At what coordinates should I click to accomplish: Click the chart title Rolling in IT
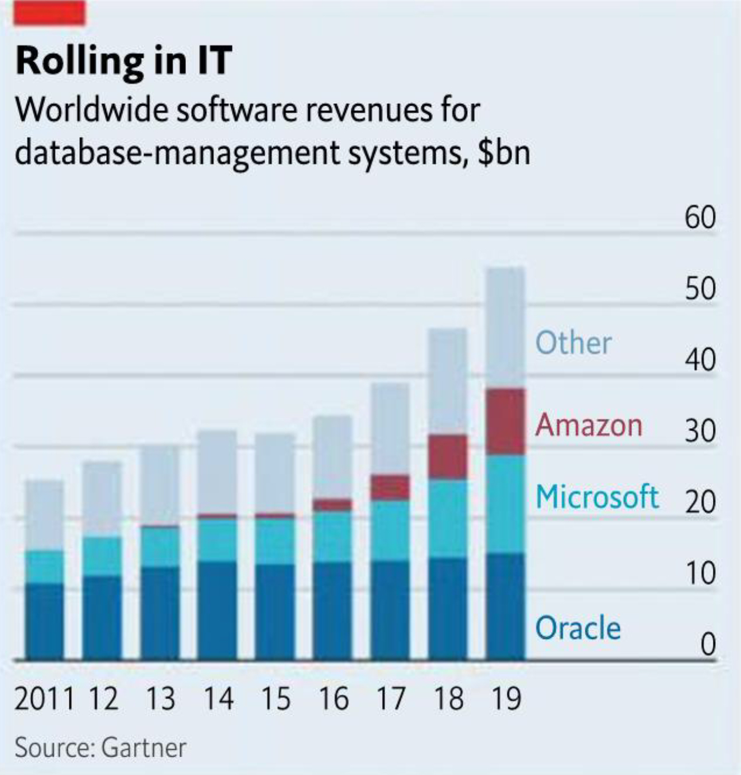click(123, 61)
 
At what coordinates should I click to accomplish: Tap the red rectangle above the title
click(50, 13)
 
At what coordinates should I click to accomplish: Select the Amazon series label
click(588, 425)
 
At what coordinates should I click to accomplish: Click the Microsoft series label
click(596, 497)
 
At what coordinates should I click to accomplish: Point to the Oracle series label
click(577, 628)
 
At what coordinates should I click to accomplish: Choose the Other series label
click(573, 343)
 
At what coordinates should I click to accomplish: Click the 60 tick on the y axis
click(700, 218)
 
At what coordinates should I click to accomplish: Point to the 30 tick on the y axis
click(700, 431)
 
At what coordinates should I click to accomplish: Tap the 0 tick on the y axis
click(709, 645)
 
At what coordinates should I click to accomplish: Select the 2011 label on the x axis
click(44, 699)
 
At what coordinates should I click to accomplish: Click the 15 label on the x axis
click(276, 699)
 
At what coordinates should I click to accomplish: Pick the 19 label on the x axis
click(506, 699)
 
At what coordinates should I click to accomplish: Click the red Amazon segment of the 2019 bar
click(505, 422)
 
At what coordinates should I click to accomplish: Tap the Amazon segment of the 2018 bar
click(448, 457)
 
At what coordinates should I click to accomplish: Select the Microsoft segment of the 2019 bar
click(505, 504)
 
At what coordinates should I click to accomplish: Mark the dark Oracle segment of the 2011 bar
click(45, 622)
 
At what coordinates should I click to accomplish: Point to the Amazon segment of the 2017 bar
click(390, 487)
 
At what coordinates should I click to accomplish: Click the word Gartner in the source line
click(143, 748)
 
